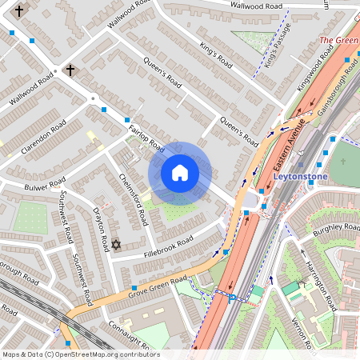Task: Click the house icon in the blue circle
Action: pos(180,173)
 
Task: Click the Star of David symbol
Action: pos(116,244)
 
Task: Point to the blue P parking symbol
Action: pos(232,298)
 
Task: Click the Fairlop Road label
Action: pos(146,137)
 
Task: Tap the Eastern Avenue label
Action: pos(290,149)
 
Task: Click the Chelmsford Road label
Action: pos(134,198)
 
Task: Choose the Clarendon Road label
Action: pos(43,137)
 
